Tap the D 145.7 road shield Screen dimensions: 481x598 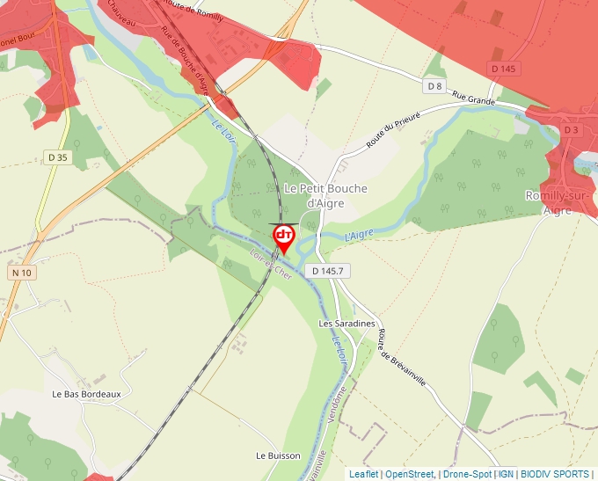326,272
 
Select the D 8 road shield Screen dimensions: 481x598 433,85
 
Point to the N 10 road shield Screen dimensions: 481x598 22,273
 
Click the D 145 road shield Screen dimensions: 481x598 503,69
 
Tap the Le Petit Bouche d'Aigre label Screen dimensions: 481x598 325,196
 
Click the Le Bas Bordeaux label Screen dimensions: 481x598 86,394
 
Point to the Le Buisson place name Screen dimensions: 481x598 278,455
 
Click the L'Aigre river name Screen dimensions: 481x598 361,235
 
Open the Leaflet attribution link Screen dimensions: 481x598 363,474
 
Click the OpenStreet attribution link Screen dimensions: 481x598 409,474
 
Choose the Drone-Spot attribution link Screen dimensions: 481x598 468,474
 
